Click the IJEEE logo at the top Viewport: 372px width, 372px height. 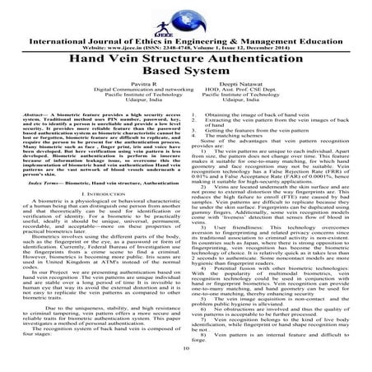coord(186,12)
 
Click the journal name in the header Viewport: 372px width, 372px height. coord(186,29)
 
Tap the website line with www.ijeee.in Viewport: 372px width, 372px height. coord(186,38)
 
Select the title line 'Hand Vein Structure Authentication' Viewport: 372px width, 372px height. coord(186,53)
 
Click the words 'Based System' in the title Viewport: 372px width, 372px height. coord(186,68)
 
